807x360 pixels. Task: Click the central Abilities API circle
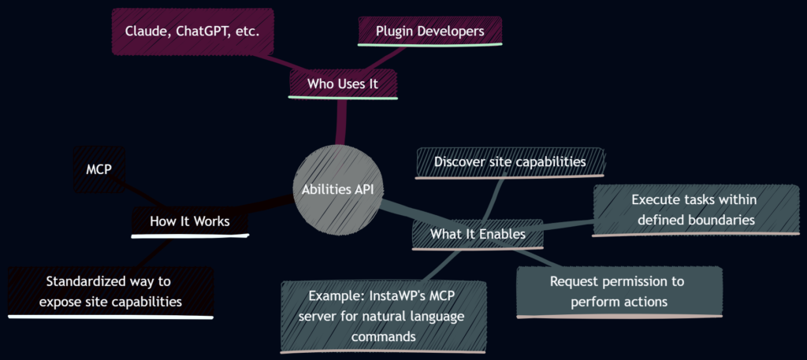click(x=339, y=189)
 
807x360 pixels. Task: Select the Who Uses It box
click(x=342, y=83)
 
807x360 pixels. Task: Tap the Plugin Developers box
click(x=430, y=31)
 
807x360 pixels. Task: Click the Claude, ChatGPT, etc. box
click(x=192, y=32)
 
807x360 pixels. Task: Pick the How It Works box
click(x=189, y=221)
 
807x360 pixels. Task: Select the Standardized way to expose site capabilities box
click(x=110, y=291)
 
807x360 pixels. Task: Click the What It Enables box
click(x=478, y=234)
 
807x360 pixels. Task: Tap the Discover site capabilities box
click(x=510, y=162)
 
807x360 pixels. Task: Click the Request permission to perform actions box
click(x=619, y=291)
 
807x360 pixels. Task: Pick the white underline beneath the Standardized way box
click(x=110, y=317)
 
